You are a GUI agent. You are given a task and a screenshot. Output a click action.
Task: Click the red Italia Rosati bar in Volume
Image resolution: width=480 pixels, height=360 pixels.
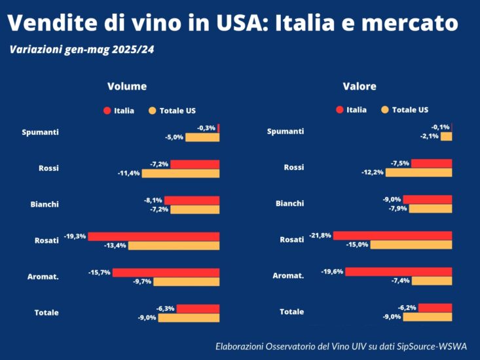(154, 236)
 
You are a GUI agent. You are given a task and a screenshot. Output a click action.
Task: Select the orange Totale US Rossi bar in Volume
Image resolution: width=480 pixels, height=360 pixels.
(181, 173)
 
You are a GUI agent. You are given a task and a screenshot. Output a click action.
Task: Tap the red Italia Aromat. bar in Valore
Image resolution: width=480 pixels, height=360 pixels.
(398, 272)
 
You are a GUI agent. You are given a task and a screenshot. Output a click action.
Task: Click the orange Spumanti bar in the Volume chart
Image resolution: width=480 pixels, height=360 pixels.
(202, 137)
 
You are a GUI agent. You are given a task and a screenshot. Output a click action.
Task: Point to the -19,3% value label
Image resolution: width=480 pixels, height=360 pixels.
(75, 236)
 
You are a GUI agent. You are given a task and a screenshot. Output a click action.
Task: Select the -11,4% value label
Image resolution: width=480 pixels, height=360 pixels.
(128, 173)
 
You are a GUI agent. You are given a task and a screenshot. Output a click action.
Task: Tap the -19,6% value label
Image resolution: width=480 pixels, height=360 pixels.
(332, 272)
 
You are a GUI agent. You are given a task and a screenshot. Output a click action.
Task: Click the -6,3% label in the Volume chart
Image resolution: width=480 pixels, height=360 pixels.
(165, 308)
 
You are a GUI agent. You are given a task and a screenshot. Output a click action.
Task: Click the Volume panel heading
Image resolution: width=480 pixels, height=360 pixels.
(127, 86)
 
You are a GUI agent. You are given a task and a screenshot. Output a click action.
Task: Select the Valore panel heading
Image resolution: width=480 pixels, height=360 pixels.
(360, 86)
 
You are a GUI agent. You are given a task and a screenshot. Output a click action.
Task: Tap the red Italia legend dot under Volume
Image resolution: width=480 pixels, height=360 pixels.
(107, 111)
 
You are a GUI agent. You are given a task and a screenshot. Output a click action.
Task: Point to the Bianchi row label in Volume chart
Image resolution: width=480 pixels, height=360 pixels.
(45, 204)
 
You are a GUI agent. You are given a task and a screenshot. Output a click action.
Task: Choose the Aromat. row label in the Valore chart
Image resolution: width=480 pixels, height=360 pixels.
(288, 276)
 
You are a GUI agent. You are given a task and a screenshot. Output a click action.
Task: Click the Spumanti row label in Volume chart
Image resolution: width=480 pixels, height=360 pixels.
(40, 132)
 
